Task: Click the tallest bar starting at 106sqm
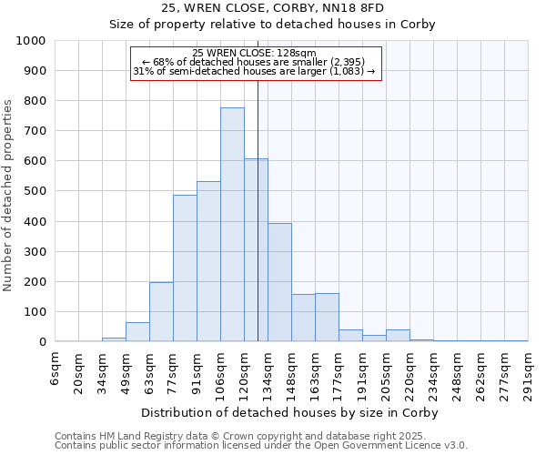click(x=232, y=225)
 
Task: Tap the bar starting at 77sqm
click(x=185, y=268)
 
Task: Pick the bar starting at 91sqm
click(x=208, y=261)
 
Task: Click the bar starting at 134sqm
click(x=279, y=282)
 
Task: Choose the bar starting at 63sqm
click(x=161, y=312)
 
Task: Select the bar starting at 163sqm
click(x=327, y=318)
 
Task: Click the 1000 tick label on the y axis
click(x=31, y=41)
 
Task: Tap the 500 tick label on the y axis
click(x=35, y=192)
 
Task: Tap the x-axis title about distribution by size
click(x=291, y=413)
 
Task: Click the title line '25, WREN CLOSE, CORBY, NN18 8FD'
click(x=273, y=8)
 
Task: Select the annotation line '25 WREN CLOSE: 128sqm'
click(x=255, y=53)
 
